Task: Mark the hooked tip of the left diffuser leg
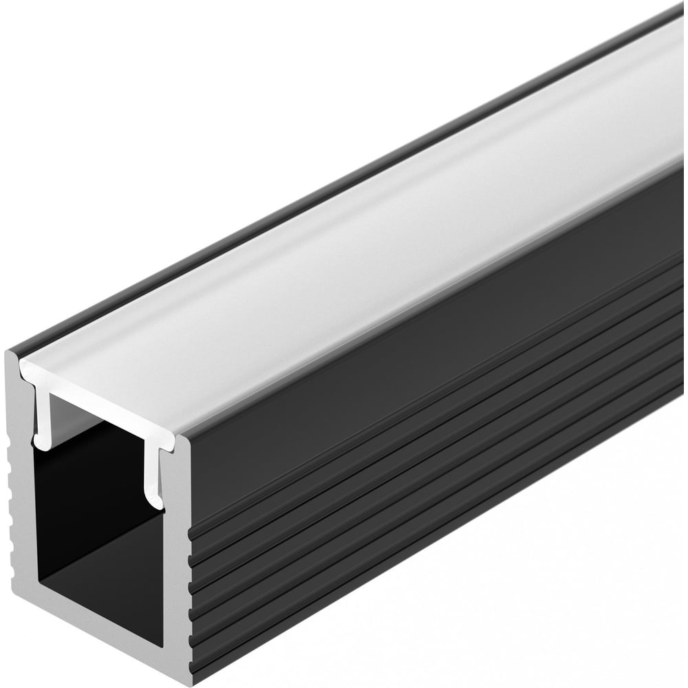43,445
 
